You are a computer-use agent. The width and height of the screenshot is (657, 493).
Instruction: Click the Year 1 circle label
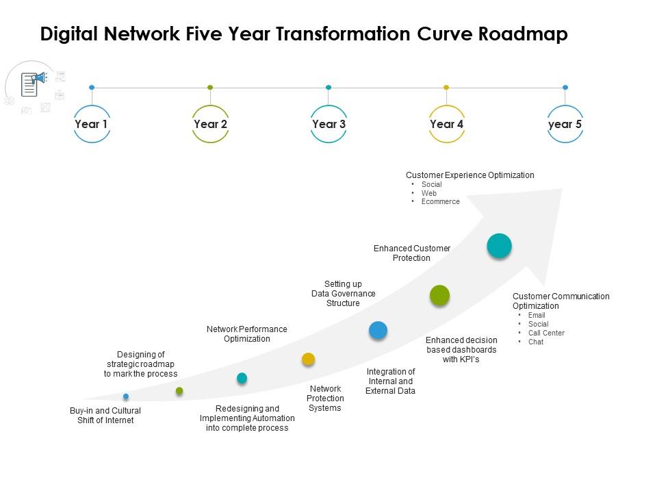tap(92, 124)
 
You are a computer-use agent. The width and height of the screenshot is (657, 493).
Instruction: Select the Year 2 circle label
tap(210, 124)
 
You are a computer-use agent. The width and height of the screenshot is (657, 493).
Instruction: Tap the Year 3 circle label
tap(328, 124)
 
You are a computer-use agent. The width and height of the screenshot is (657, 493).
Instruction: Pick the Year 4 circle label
tap(446, 124)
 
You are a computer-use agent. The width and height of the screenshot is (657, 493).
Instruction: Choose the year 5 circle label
tap(565, 124)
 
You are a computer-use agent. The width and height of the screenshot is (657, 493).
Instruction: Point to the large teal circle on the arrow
tap(499, 246)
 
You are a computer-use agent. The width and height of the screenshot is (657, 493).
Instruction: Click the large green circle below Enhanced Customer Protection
tap(439, 295)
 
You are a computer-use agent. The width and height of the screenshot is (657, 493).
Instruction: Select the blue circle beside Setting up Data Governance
tap(378, 330)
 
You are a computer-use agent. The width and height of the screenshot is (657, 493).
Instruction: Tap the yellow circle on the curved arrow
tap(309, 359)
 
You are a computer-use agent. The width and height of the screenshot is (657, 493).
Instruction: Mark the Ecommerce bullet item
tap(441, 202)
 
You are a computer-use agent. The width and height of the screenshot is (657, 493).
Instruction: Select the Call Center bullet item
tap(546, 333)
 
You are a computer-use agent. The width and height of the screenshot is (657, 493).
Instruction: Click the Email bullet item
tap(537, 316)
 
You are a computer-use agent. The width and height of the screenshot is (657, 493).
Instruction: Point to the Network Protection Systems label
tap(324, 399)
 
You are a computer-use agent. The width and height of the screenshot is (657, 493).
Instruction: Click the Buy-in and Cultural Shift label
tap(105, 416)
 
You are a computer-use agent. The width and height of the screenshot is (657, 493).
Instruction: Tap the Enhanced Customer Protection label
tap(411, 253)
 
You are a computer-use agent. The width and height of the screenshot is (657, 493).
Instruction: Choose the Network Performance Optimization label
tap(246, 334)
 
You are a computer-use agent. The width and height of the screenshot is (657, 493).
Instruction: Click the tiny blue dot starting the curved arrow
tap(126, 396)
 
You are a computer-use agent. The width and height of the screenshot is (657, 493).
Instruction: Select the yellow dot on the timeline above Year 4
tap(446, 88)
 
